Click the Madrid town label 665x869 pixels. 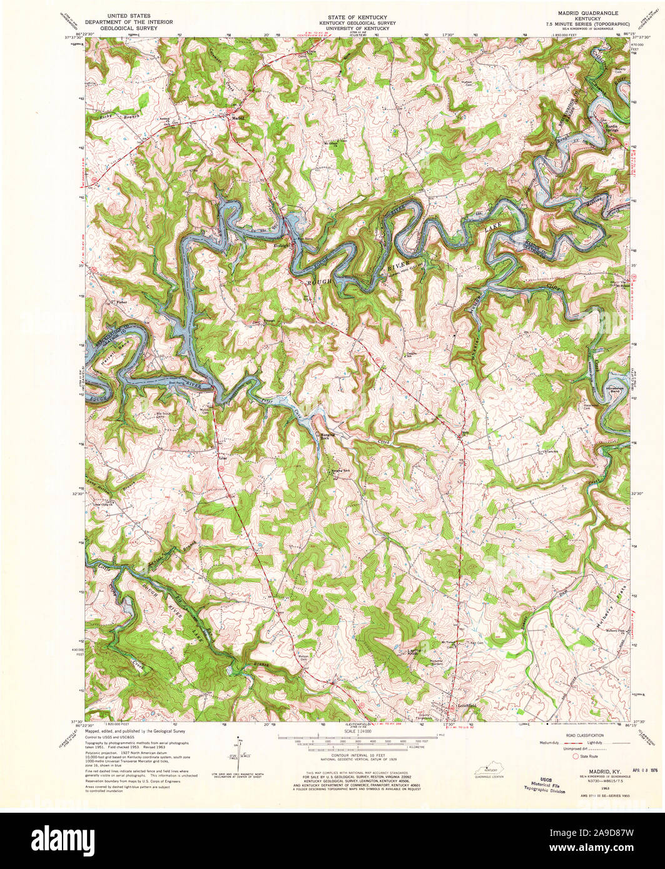pos(237,118)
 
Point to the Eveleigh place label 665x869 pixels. pos(283,246)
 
